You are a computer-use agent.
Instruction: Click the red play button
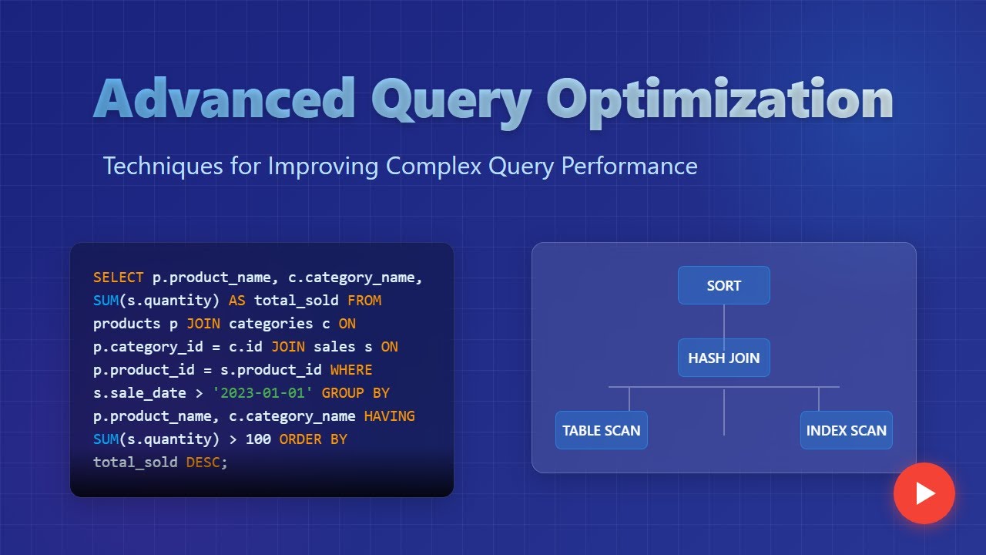(x=924, y=493)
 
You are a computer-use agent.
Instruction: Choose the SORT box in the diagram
(x=723, y=285)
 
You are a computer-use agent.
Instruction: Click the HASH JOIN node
(x=723, y=358)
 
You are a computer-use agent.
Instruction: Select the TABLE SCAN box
(x=601, y=430)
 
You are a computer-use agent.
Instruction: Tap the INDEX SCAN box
(x=846, y=430)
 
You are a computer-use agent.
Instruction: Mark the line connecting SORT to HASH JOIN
(x=723, y=321)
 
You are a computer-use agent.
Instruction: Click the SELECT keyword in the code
(x=118, y=277)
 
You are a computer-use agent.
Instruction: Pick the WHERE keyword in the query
(x=351, y=369)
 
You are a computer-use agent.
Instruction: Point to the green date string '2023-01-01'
(x=263, y=392)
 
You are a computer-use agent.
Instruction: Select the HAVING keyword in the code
(x=389, y=415)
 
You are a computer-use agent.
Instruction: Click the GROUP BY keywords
(x=355, y=392)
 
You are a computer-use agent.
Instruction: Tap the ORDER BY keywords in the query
(x=313, y=439)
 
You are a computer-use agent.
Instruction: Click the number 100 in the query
(x=258, y=439)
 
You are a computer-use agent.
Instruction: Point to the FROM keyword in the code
(x=364, y=300)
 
